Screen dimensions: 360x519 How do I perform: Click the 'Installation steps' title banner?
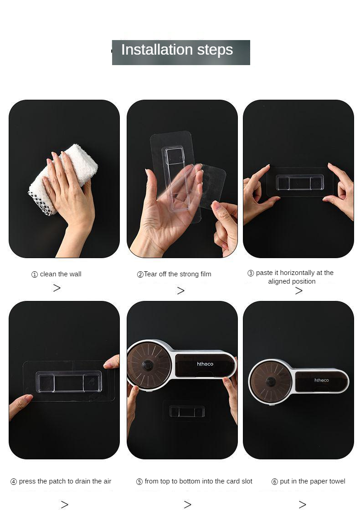181,52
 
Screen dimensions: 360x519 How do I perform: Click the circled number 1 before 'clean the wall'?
35,275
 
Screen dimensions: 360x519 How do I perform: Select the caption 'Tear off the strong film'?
178,274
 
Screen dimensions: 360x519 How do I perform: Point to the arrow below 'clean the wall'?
57,288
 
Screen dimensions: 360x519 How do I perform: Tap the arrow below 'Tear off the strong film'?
180,290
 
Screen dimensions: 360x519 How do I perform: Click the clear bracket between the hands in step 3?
300,183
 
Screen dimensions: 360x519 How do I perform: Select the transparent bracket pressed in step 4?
69,382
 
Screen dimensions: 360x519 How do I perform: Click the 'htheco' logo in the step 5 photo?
205,364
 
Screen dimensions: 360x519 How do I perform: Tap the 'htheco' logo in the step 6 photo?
322,380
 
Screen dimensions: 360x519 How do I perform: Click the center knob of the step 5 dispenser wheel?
147,366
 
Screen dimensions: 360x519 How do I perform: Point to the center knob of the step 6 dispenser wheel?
271,382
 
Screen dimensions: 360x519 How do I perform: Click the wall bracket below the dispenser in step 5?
187,411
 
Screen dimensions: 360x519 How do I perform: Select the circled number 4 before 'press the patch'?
14,482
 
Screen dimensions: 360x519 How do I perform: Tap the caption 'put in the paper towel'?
313,481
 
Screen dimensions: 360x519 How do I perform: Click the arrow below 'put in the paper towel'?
302,504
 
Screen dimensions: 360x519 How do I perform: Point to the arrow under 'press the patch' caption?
65,504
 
